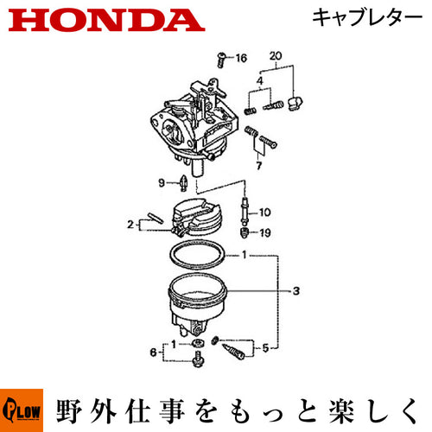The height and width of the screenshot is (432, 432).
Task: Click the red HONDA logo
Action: [106, 21]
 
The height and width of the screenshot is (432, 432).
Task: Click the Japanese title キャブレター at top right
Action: [367, 17]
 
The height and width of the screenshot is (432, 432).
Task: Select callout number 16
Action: [241, 58]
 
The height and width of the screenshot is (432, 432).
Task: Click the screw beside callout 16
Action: [221, 60]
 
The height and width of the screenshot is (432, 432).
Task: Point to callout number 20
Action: [276, 55]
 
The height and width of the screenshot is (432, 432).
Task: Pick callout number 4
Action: [260, 80]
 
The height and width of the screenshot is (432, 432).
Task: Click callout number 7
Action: [259, 166]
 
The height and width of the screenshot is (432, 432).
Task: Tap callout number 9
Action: [162, 182]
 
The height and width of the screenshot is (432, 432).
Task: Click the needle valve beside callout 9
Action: [183, 182]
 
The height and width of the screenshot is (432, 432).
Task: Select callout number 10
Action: [264, 213]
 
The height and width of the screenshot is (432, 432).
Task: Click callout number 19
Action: [265, 232]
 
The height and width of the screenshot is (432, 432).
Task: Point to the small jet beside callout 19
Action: [245, 232]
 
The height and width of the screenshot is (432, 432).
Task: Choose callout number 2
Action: [130, 224]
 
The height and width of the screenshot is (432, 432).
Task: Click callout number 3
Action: [296, 291]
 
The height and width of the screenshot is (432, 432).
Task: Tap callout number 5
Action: [265, 348]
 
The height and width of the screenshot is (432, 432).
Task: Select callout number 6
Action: [154, 353]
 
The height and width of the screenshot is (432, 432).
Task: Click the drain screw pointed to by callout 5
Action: [233, 351]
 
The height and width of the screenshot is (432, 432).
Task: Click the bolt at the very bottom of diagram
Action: [197, 359]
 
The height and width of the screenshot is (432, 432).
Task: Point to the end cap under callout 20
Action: [295, 103]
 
